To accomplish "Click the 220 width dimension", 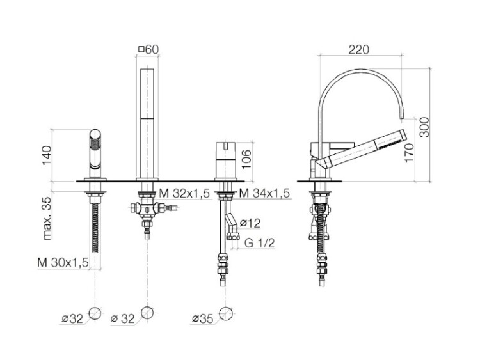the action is pos(359,49).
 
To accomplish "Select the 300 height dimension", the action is pos(424,127).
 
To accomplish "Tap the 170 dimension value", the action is pos(410,153).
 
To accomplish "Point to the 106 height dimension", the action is pos(246,159).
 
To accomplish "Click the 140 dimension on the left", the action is pos(47,155).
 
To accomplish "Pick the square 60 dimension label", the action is pos(148,49).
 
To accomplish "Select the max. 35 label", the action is pos(47,218).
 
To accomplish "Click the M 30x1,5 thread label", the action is pos(63,262).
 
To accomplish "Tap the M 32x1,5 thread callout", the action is pos(184,193).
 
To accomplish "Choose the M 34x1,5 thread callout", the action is pos(264,193).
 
